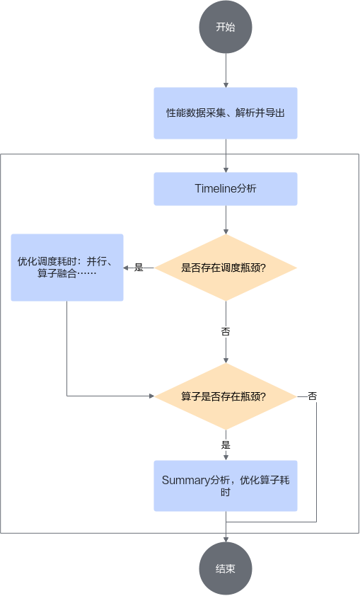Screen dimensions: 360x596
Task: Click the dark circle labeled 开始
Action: point(226,27)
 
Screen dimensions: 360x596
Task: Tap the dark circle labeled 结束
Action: point(226,568)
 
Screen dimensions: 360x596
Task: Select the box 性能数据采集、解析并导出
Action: point(226,113)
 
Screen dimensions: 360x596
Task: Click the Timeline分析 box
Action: point(226,189)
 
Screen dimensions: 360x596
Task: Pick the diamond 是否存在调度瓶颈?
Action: point(226,268)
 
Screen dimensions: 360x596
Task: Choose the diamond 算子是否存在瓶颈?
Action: point(226,396)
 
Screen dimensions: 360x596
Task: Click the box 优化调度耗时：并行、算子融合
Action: point(67,268)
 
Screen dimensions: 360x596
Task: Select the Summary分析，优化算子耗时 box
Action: point(226,486)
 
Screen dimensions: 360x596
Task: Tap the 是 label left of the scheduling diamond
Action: point(139,268)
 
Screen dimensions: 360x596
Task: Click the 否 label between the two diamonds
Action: point(226,332)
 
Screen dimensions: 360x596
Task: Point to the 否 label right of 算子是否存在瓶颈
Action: point(312,396)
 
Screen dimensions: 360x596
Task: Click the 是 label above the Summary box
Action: point(226,445)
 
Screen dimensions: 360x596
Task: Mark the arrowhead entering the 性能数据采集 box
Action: point(226,85)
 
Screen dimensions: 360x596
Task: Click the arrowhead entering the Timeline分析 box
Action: point(226,170)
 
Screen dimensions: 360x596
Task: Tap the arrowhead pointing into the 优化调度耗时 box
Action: point(126,268)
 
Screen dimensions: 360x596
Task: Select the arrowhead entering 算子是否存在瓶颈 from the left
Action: point(152,396)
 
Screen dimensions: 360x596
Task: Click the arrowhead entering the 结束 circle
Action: point(226,540)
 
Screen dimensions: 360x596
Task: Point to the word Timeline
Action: point(216,188)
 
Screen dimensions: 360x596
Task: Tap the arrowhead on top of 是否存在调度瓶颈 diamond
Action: point(226,231)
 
